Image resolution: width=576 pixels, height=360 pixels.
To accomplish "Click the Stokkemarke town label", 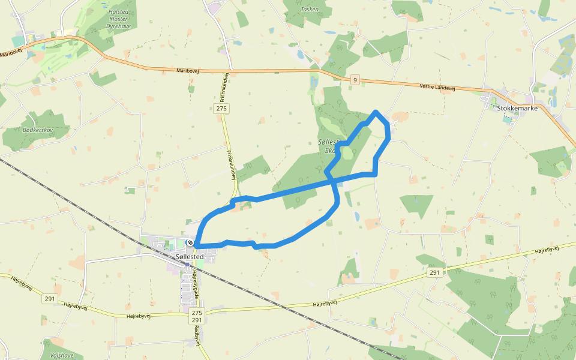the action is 517,108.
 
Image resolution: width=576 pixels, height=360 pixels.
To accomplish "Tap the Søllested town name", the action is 190,256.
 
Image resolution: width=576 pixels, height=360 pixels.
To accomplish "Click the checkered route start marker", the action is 190,242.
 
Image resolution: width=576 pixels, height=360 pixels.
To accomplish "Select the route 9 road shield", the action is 355,79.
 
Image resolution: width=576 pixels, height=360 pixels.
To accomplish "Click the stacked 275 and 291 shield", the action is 197,317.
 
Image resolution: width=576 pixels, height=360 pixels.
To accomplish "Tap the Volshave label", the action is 62,355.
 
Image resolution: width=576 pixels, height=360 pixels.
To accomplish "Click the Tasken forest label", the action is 310,10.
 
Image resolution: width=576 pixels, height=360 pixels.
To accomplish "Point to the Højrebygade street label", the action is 194,285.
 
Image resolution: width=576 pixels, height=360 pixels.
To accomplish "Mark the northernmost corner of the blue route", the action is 376,112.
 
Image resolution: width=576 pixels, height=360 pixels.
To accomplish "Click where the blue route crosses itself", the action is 334,181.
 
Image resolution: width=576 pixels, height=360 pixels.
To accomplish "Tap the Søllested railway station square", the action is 187,264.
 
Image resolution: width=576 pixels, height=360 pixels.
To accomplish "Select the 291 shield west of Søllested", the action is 50,298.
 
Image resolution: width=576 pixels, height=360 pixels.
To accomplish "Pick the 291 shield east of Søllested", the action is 435,272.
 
